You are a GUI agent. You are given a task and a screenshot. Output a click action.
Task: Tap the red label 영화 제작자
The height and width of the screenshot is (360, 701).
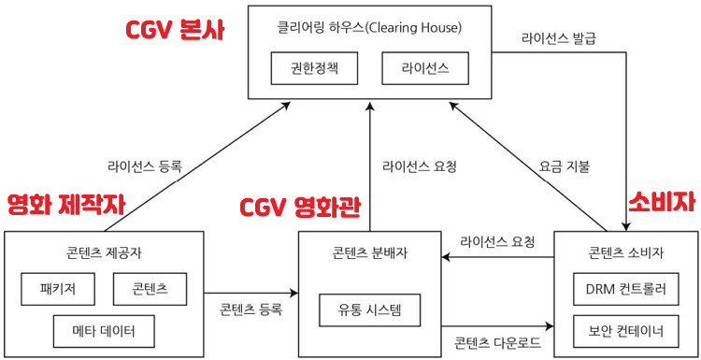coord(65,204)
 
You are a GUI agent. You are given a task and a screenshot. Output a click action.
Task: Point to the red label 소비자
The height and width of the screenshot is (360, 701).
coord(662,203)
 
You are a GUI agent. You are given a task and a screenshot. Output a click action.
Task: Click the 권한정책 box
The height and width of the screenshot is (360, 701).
coord(311,67)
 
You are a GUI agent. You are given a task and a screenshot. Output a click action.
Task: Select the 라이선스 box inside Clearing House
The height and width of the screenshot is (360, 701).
coord(426,67)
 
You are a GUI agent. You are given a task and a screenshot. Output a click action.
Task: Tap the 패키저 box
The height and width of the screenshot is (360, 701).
coord(57,289)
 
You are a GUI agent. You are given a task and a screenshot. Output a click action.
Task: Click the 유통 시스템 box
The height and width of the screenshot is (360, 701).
coord(370,310)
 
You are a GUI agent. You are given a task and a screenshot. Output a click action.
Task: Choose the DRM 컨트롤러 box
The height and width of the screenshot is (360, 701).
coord(626,289)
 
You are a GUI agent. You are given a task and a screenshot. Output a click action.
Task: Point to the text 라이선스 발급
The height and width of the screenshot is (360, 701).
coord(559,40)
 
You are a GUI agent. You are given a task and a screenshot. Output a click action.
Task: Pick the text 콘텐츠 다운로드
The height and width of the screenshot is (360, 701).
coord(495,341)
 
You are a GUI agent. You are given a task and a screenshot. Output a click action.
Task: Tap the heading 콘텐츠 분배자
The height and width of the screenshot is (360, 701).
coord(369,253)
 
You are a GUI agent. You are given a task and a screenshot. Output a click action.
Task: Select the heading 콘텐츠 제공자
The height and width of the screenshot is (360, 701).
coord(104,253)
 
